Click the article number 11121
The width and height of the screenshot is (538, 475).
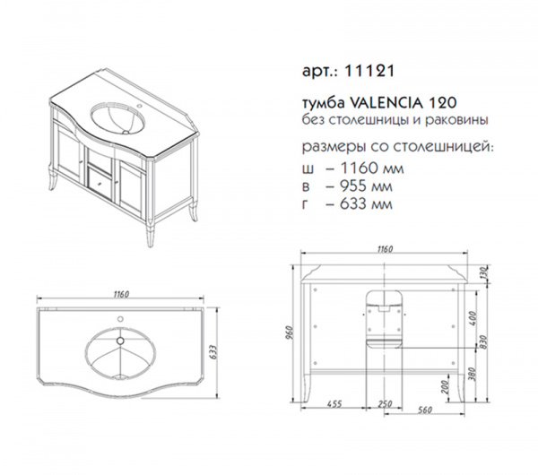pyautogui.click(x=369, y=71)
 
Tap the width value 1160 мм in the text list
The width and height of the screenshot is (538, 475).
pyautogui.click(x=371, y=168)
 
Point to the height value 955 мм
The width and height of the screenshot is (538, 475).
pyautogui.click(x=366, y=186)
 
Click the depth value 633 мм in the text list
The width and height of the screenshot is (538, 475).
pyautogui.click(x=366, y=204)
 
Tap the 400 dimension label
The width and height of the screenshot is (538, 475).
pyautogui.click(x=473, y=318)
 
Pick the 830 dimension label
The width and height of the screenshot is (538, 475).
pyautogui.click(x=484, y=343)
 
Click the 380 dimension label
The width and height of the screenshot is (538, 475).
pyautogui.click(x=473, y=374)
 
